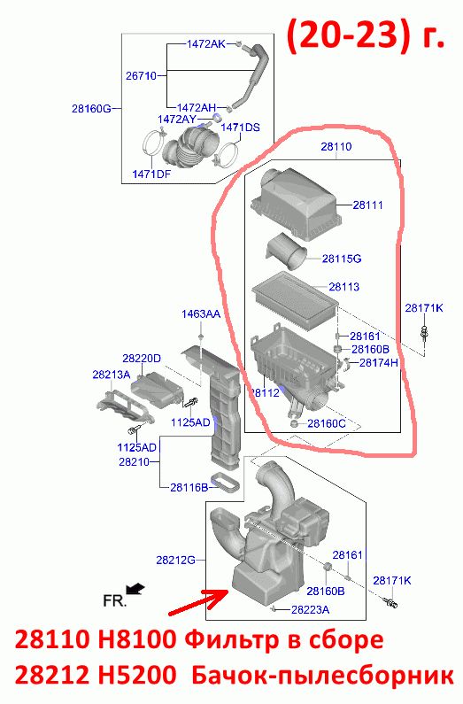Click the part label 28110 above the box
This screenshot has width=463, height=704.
tap(336, 147)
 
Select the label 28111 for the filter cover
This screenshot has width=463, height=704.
tap(368, 205)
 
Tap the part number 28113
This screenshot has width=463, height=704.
tap(344, 287)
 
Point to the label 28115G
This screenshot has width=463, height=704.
tap(342, 259)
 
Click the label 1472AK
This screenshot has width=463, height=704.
tap(206, 44)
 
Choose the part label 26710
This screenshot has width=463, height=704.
tap(141, 76)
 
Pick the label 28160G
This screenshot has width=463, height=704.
tap(91, 108)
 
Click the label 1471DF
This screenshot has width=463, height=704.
tap(151, 174)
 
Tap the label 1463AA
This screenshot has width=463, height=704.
tap(201, 313)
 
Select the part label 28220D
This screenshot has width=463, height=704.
tap(142, 359)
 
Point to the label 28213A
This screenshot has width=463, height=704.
tap(112, 375)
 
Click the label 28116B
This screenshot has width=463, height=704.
tap(189, 487)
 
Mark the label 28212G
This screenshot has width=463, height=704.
tap(176, 560)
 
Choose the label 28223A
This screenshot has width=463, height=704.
tap(310, 609)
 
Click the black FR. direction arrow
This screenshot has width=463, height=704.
tap(135, 588)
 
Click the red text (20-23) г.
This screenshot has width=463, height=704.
tap(366, 36)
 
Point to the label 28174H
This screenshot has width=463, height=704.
tap(379, 362)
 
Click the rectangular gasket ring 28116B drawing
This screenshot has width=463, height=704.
tap(224, 482)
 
